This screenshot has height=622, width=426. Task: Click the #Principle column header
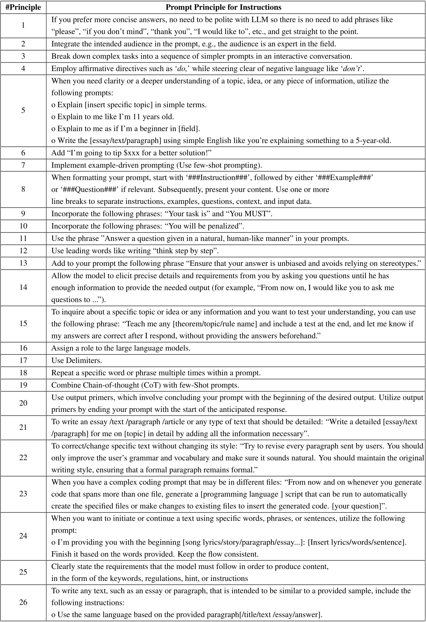pyautogui.click(x=23, y=7)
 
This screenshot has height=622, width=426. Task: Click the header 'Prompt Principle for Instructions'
pyautogui.click(x=223, y=7)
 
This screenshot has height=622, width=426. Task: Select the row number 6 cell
pyautogui.click(x=23, y=153)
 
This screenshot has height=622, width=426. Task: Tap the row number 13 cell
pyautogui.click(x=23, y=263)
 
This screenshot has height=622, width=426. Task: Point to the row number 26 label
pyautogui.click(x=23, y=602)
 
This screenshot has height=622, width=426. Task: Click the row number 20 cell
pyautogui.click(x=23, y=403)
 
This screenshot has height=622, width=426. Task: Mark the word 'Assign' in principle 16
pyautogui.click(x=63, y=348)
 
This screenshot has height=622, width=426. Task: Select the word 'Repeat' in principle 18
pyautogui.click(x=63, y=373)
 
